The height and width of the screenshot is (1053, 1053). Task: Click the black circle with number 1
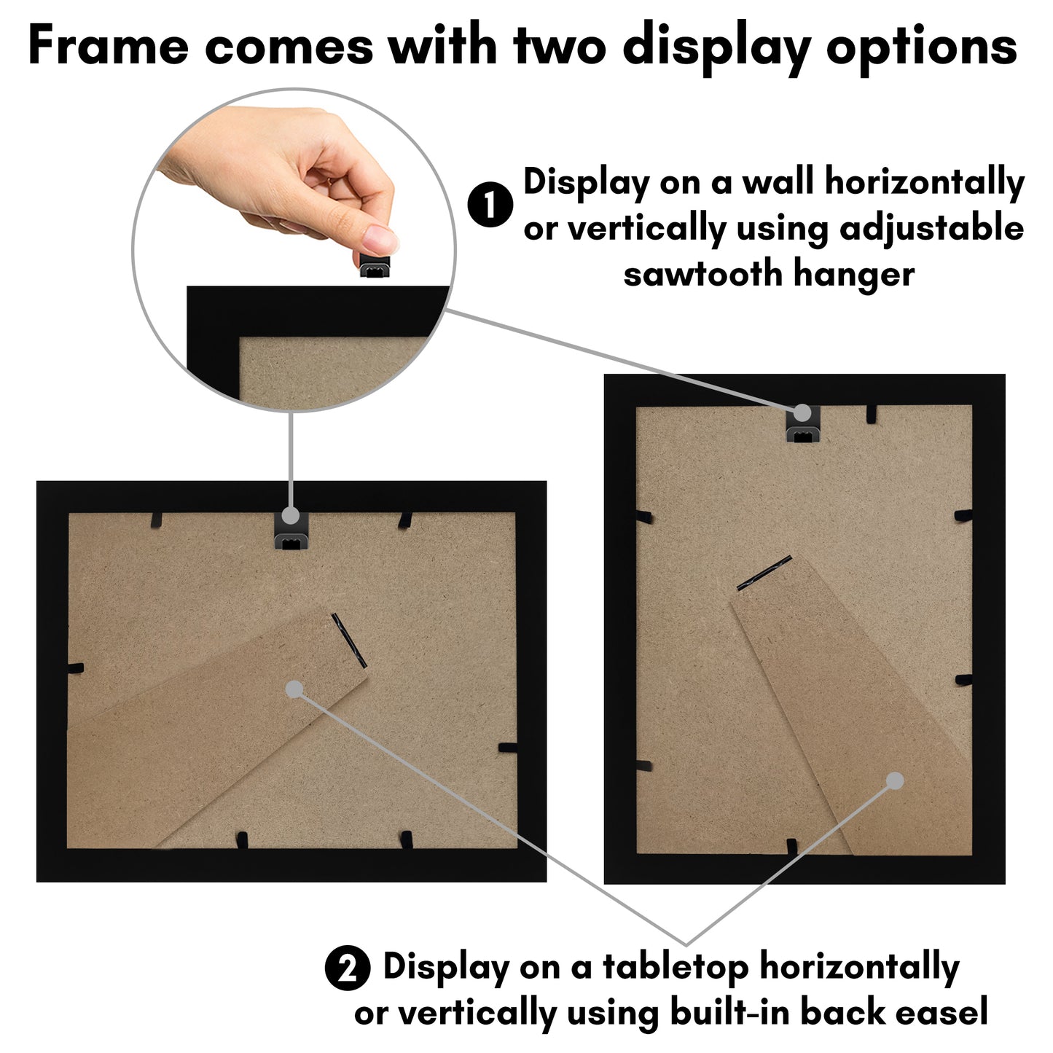(490, 205)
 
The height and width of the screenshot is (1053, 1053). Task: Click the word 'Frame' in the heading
(108, 47)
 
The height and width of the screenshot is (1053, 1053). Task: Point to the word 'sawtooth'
(702, 274)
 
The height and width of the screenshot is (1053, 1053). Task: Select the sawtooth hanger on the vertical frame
(802, 423)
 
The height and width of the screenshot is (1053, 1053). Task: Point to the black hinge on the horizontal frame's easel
(348, 640)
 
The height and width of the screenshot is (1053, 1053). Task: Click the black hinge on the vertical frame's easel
(764, 573)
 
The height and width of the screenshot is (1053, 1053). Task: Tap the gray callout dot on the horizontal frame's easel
(294, 689)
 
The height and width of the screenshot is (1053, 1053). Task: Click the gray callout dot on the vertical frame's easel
(895, 781)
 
